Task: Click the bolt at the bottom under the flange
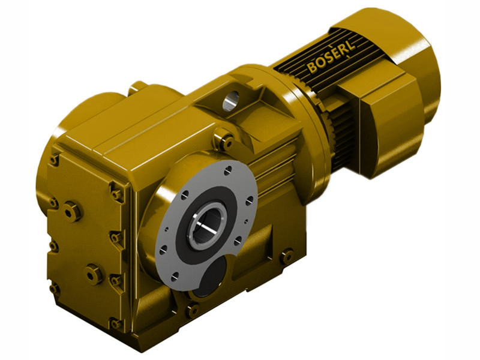click(192, 310)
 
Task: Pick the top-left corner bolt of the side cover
click(55, 159)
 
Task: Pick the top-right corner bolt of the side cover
click(116, 192)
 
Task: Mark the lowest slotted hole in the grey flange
click(174, 277)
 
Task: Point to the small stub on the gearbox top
click(138, 88)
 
